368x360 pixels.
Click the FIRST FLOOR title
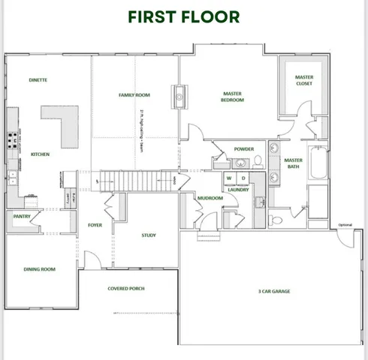tap(184, 16)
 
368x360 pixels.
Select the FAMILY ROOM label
tap(134, 95)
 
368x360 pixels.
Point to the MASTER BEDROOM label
tap(231, 97)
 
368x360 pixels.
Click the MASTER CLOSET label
tap(303, 79)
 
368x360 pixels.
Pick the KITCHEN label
tap(40, 154)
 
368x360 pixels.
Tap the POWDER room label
tap(244, 149)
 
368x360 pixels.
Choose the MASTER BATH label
tap(294, 163)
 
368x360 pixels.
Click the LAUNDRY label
tap(238, 190)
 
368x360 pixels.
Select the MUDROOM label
tap(210, 198)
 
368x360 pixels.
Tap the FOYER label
tap(95, 225)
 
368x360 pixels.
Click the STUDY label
tap(149, 235)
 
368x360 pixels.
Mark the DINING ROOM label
tap(41, 269)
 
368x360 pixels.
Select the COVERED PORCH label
tap(126, 288)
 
